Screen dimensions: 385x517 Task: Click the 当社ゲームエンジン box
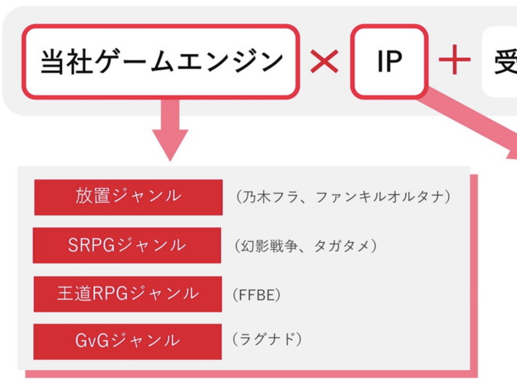[x=159, y=61]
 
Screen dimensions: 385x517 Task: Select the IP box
[x=389, y=61]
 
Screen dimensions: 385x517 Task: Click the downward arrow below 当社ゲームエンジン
[x=170, y=130]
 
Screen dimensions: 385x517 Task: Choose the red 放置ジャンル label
[x=128, y=197]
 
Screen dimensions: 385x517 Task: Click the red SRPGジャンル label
[x=127, y=245]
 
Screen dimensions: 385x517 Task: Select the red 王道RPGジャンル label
[x=128, y=294]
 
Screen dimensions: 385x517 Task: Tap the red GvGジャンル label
[x=128, y=341]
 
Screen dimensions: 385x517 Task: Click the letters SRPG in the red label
[x=91, y=245]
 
